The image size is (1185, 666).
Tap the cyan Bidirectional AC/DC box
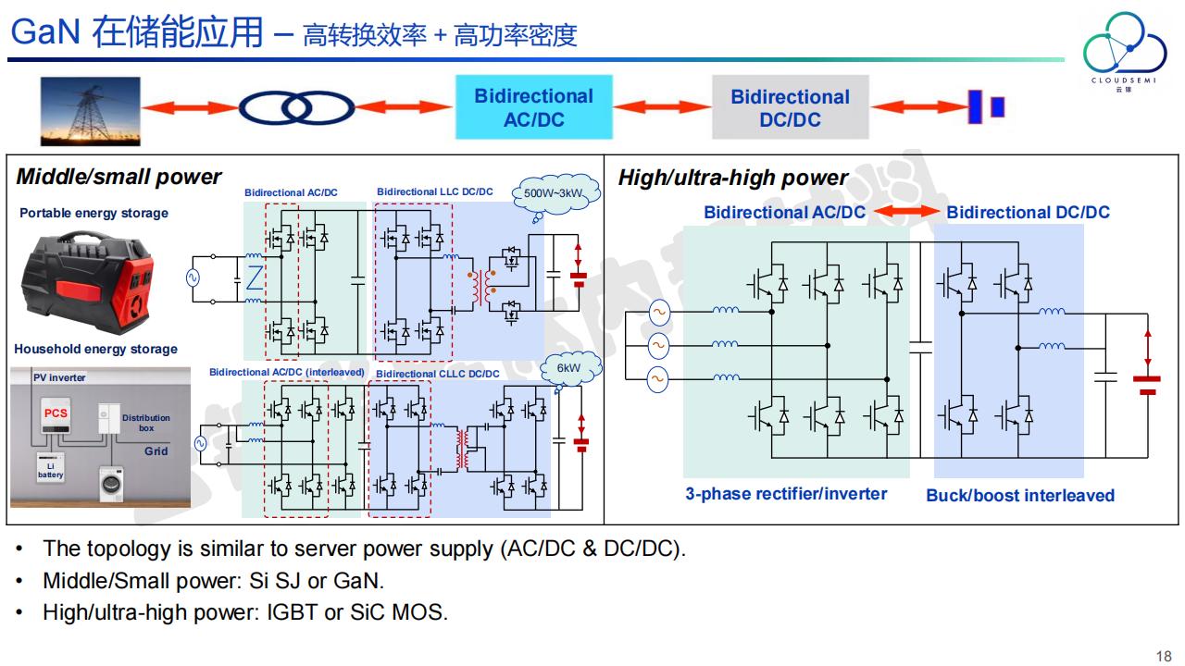point(533,107)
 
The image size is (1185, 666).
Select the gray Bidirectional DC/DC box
point(790,108)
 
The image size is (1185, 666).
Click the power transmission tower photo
point(91,111)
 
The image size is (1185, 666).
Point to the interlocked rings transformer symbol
point(296,109)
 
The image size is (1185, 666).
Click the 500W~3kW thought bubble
point(553,194)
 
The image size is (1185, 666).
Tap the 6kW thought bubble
point(568,368)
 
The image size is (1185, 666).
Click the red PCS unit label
point(56,413)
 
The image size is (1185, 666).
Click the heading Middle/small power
point(118,177)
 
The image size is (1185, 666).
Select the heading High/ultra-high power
point(733,178)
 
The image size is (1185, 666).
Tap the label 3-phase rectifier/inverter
point(786,494)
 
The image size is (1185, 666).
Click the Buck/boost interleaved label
point(1020,495)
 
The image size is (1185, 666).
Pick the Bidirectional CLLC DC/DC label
point(438,374)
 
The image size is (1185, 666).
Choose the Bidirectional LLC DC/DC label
point(435,192)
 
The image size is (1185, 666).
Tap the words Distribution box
point(146,424)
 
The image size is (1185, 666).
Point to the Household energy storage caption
point(95,349)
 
